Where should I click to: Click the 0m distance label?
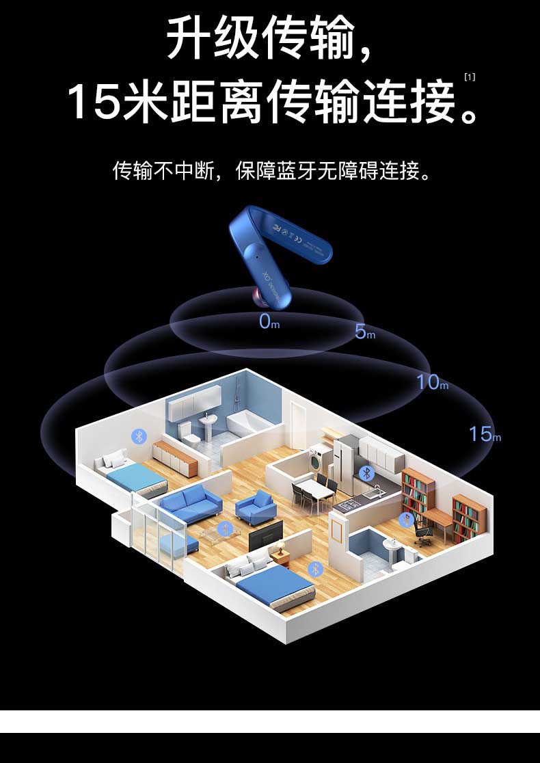[269, 321]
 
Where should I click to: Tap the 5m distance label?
[364, 332]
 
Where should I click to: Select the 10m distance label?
[432, 382]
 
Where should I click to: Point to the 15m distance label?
[484, 433]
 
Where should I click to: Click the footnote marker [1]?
[469, 77]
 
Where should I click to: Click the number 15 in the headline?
[94, 101]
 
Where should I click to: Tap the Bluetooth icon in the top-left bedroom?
[139, 436]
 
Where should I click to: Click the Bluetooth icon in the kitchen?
[366, 472]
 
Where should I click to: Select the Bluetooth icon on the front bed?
[315, 568]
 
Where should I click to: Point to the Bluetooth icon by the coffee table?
[225, 528]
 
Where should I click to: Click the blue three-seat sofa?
[191, 503]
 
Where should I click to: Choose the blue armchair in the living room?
[256, 507]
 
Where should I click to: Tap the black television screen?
[265, 535]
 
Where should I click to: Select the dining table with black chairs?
[315, 488]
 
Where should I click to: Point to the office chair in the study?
[422, 533]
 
